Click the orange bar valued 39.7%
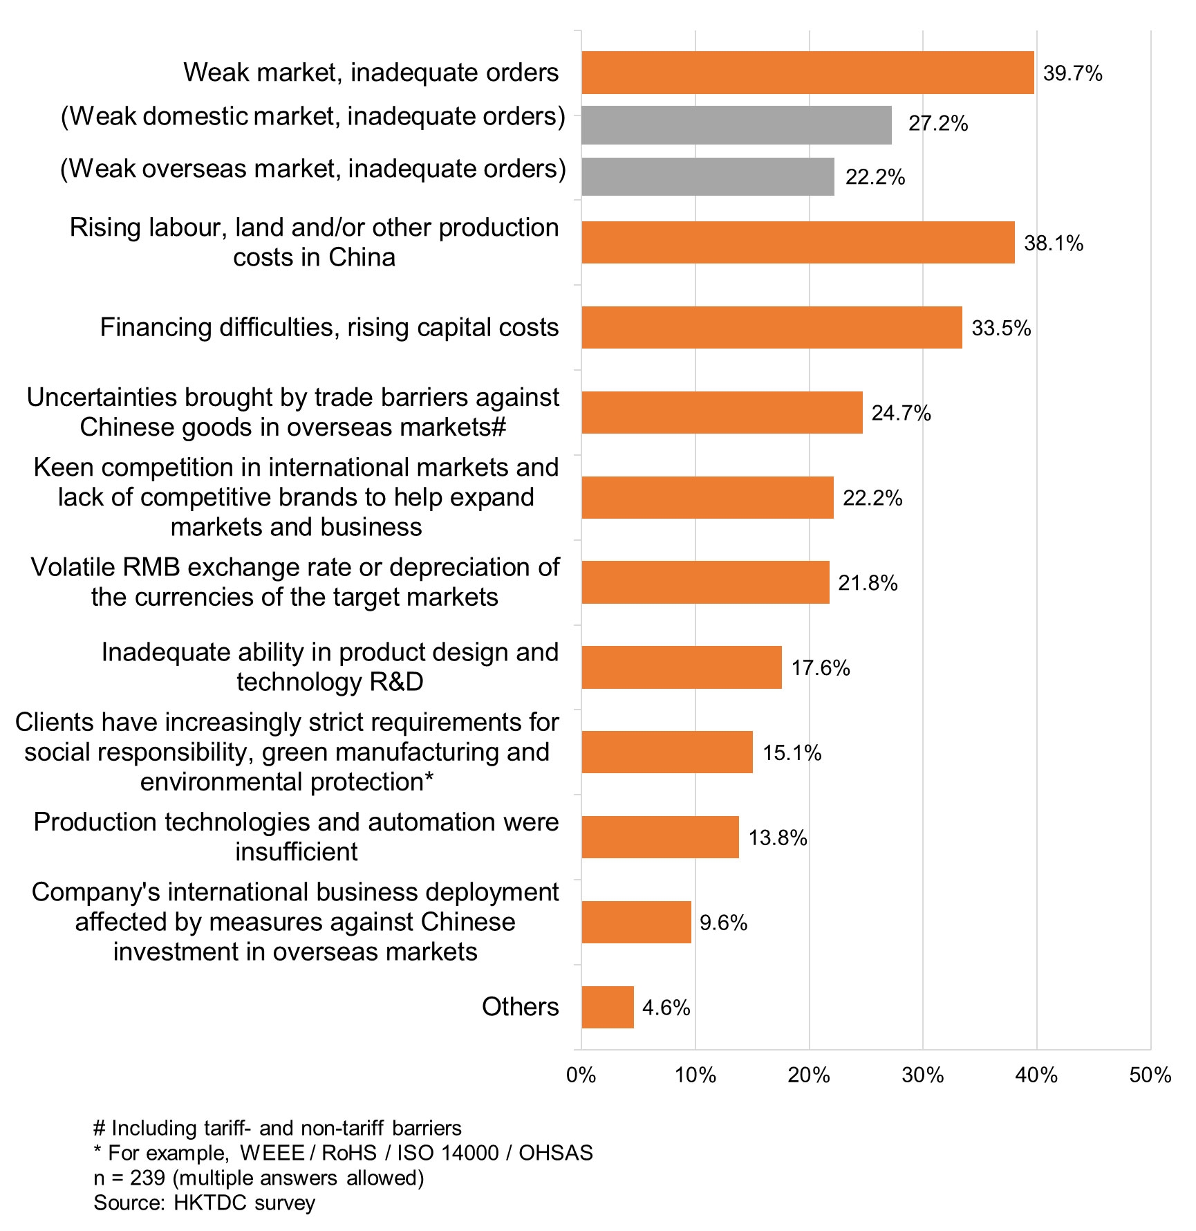click(807, 73)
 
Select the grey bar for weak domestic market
click(736, 125)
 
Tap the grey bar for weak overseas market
click(708, 176)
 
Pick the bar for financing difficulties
click(772, 327)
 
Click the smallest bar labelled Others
click(608, 1007)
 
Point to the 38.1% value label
click(1054, 243)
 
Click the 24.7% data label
click(901, 413)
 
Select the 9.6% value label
click(723, 923)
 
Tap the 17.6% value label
click(821, 668)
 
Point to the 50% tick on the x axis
click(1150, 1075)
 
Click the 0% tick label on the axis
click(581, 1075)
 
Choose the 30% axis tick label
click(923, 1075)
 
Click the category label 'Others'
click(520, 1007)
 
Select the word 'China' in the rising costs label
click(362, 257)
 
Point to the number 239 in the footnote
click(147, 1178)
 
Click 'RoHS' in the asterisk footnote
click(349, 1153)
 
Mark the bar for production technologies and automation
click(660, 837)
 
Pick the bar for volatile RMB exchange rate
click(705, 582)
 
